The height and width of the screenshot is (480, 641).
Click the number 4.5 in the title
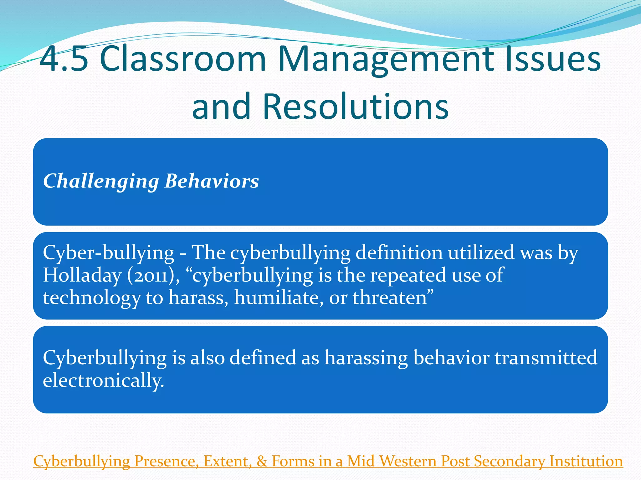(x=64, y=59)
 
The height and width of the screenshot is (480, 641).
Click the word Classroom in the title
(x=183, y=59)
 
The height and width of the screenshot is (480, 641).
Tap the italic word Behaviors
(x=212, y=181)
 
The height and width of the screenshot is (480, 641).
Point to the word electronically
(x=103, y=381)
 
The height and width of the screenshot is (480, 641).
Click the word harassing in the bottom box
(x=366, y=358)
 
